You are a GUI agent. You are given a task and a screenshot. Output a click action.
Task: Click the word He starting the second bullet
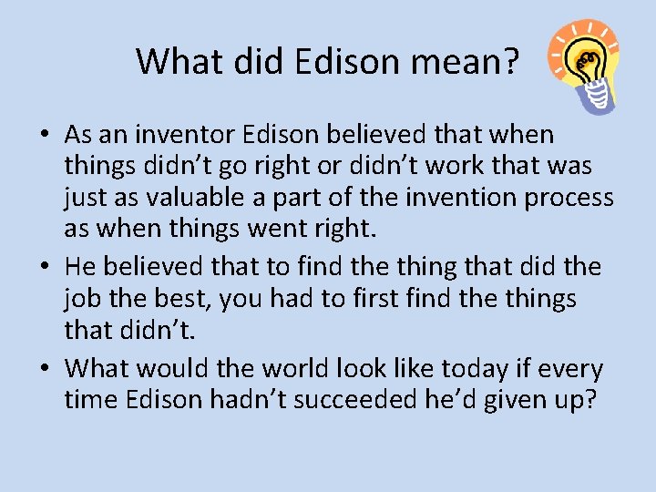[x=81, y=267]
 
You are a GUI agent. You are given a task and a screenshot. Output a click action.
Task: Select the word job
[x=81, y=298]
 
